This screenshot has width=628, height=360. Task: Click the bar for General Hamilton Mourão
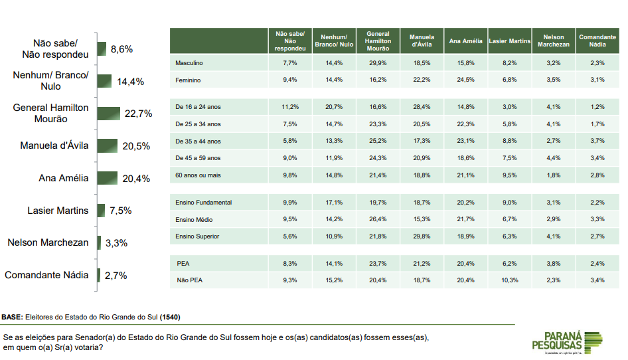109,114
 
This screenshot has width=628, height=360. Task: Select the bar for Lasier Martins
102,211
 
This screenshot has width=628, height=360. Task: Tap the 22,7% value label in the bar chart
138,114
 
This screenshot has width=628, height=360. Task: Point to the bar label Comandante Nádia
46,275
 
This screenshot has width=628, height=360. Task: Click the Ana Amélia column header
465,41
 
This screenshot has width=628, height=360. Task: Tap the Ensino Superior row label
197,236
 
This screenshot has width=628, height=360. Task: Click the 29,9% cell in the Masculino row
378,63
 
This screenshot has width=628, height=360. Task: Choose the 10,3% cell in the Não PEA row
509,280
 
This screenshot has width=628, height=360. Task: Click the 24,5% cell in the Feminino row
465,80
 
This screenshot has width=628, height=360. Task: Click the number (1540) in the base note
170,317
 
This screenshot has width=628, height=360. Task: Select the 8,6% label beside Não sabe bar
122,49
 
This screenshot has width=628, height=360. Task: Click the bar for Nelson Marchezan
100,242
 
